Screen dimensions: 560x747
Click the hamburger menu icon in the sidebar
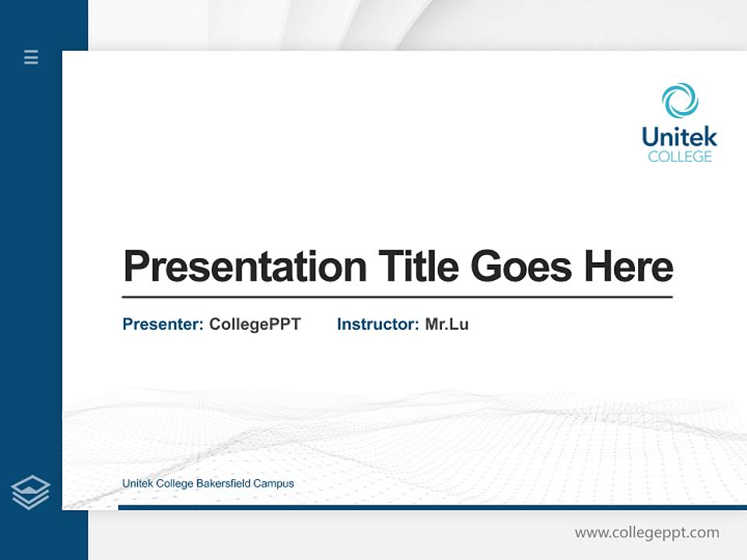click(x=31, y=57)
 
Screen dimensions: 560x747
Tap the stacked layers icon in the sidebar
click(x=30, y=492)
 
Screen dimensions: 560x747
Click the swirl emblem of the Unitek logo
click(x=679, y=101)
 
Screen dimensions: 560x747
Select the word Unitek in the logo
click(x=679, y=138)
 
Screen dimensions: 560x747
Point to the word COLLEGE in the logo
click(x=679, y=157)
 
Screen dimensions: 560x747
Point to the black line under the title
click(x=397, y=296)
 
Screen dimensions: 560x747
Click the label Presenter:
click(x=163, y=324)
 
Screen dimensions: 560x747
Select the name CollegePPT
click(x=254, y=324)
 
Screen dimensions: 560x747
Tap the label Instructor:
click(x=377, y=324)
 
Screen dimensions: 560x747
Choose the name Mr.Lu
click(x=447, y=324)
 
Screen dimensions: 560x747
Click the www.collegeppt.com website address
click(x=647, y=533)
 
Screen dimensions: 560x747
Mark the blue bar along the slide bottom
click(x=432, y=507)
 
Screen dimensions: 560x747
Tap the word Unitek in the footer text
click(x=138, y=484)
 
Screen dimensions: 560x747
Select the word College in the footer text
click(x=174, y=484)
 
